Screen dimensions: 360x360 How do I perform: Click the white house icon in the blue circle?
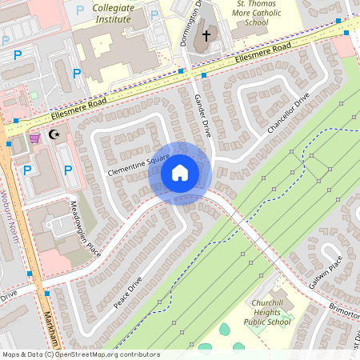pos(180,173)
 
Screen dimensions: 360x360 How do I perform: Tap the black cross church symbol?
pos(206,35)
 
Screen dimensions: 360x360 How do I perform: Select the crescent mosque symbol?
pos(55,134)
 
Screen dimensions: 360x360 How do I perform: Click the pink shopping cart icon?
pos(34,138)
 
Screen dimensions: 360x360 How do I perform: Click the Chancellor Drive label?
pos(288,114)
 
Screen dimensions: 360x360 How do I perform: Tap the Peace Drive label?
pos(129,294)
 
